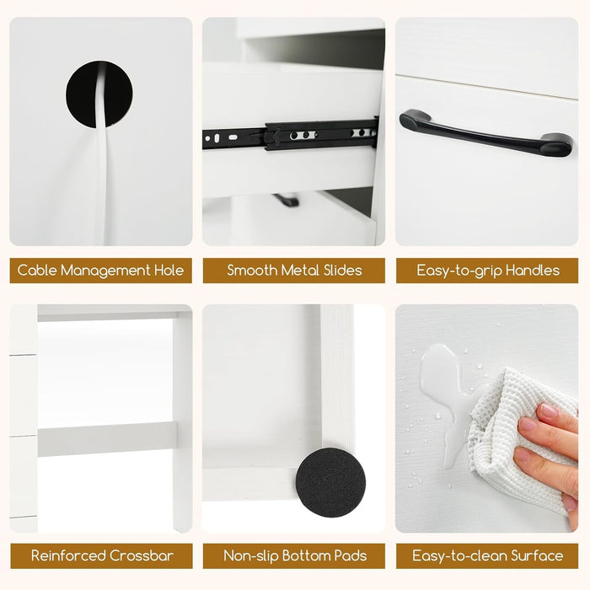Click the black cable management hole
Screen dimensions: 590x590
81,94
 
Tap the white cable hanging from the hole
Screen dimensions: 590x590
102,158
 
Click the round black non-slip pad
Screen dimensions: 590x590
330,482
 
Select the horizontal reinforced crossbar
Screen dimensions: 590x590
107,439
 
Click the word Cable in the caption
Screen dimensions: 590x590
37,271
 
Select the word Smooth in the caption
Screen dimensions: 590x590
252,271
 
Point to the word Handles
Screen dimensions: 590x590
533,271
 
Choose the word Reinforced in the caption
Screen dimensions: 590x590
68,555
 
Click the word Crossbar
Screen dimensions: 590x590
142,555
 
